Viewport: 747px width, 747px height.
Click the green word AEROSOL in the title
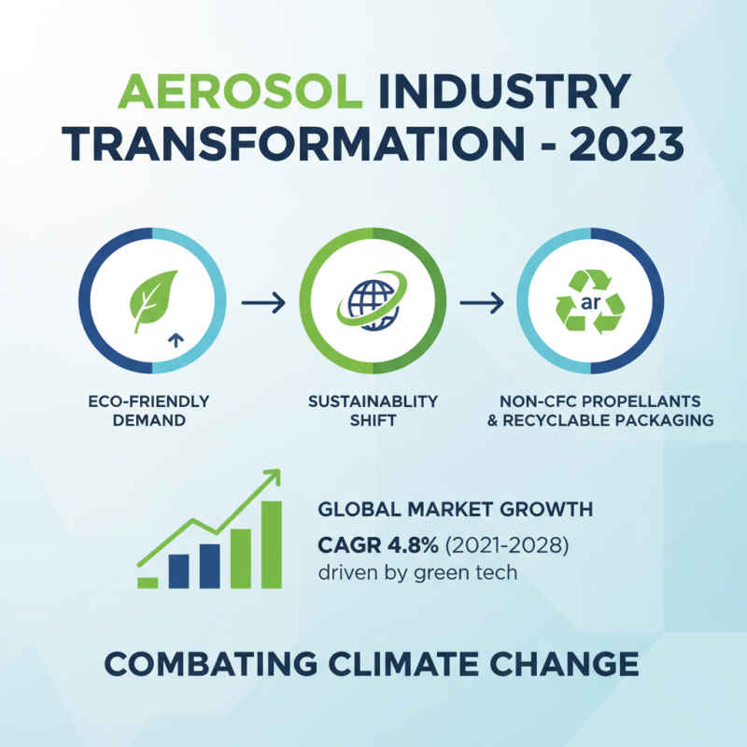(239, 92)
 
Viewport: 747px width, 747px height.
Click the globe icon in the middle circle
(372, 301)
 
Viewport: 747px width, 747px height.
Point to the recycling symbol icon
(591, 301)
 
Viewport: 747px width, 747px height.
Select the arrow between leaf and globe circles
(261, 303)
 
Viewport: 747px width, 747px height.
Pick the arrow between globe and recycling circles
(482, 303)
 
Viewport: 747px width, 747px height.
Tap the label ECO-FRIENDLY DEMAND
(150, 410)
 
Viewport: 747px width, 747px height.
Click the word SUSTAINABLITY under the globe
(373, 402)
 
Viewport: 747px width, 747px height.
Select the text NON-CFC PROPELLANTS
(593, 402)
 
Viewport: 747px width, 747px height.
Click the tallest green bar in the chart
(271, 544)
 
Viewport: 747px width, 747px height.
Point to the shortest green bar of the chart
(148, 582)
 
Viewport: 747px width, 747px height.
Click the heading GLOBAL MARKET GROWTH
(455, 510)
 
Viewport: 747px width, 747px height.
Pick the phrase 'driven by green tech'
(417, 572)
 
